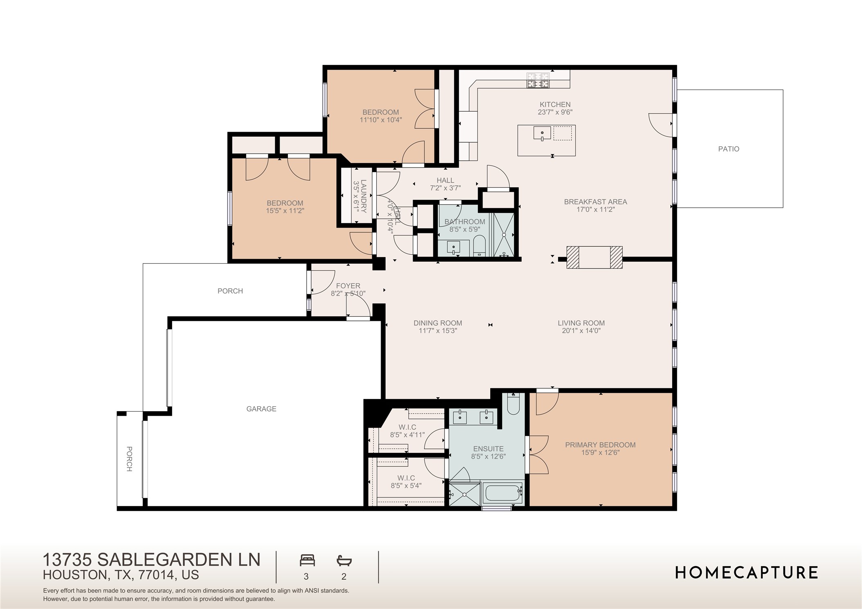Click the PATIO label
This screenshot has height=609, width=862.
pos(728,149)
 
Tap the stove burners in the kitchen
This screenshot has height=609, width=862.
pos(538,81)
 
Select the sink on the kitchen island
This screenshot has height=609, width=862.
pos(542,133)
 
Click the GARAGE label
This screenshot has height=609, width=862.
pos(261,409)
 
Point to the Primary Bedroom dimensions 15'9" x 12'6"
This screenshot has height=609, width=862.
pos(600,452)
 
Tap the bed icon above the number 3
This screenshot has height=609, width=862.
pos(307,560)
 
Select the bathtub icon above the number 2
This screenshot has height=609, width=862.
pos(344,560)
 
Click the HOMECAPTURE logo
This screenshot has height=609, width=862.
pos(746,573)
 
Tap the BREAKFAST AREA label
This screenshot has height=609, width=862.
pos(595,202)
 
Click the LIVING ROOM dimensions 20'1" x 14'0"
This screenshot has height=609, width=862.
pos(581,331)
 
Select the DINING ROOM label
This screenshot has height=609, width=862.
pos(438,323)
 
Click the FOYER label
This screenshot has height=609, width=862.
pos(348,286)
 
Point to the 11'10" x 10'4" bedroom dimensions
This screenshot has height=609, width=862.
pos(380,120)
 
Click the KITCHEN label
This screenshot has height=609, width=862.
pos(555,105)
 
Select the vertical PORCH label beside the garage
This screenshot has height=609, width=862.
pos(129,459)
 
